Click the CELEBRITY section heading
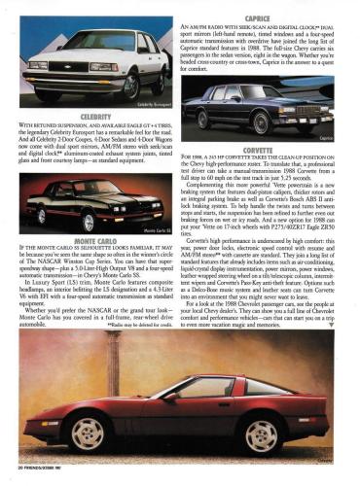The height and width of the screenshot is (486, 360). (95, 116)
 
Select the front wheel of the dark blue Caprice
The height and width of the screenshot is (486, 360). (261, 123)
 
